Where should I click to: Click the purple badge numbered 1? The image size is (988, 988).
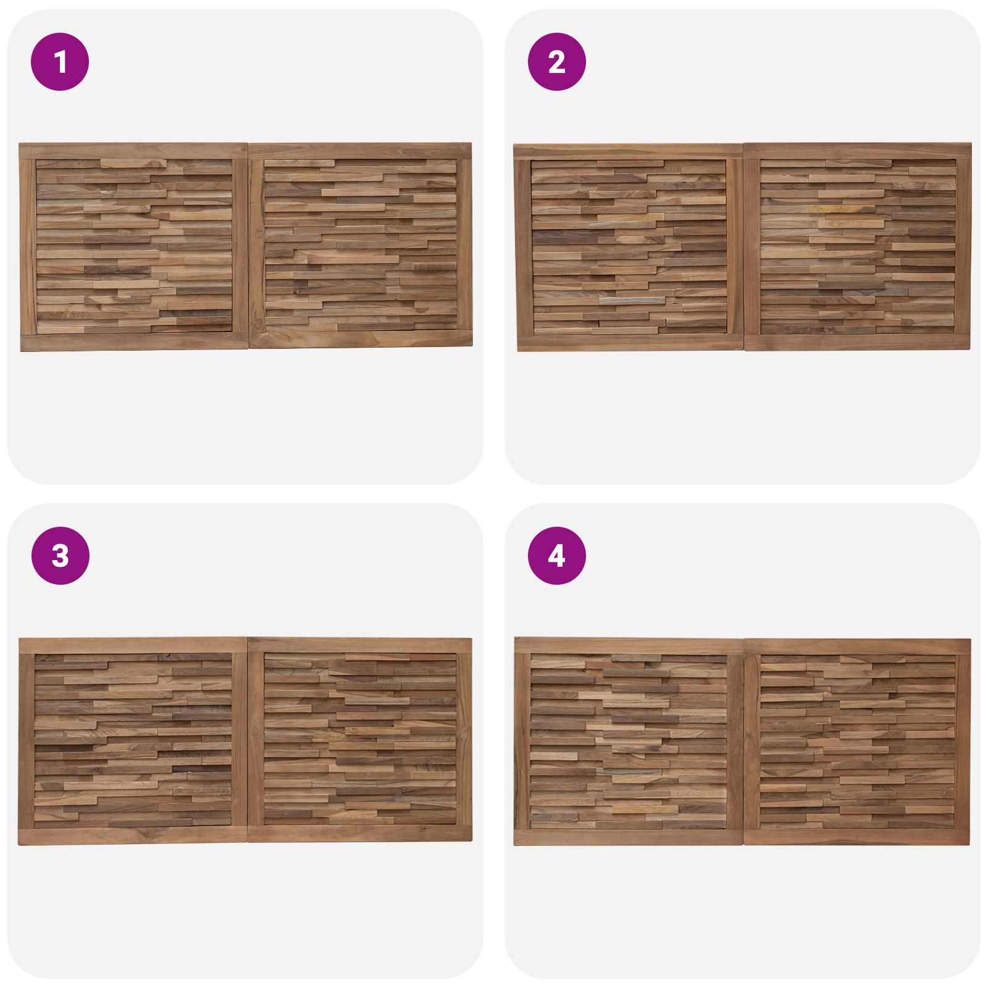tap(60, 62)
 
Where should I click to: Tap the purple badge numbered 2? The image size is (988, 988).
tap(556, 62)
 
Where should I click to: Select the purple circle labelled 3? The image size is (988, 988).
tap(60, 556)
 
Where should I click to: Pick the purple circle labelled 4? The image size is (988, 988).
tap(556, 556)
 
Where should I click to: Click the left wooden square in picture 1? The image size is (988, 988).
tap(134, 247)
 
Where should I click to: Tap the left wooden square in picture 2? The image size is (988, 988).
tap(629, 248)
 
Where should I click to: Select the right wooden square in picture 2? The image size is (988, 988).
tap(858, 247)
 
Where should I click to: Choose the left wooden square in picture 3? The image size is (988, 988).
tap(133, 741)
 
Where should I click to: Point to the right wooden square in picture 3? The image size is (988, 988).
tap(360, 740)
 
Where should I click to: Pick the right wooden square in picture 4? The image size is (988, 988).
tap(858, 742)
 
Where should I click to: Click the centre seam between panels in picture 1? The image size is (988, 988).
tap(248, 247)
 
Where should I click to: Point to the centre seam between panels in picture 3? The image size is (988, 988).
tap(248, 740)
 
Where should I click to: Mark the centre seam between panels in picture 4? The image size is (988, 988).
tap(744, 742)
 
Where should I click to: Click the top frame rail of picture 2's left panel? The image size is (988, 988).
tap(629, 152)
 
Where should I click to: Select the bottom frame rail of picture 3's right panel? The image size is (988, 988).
tap(360, 834)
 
